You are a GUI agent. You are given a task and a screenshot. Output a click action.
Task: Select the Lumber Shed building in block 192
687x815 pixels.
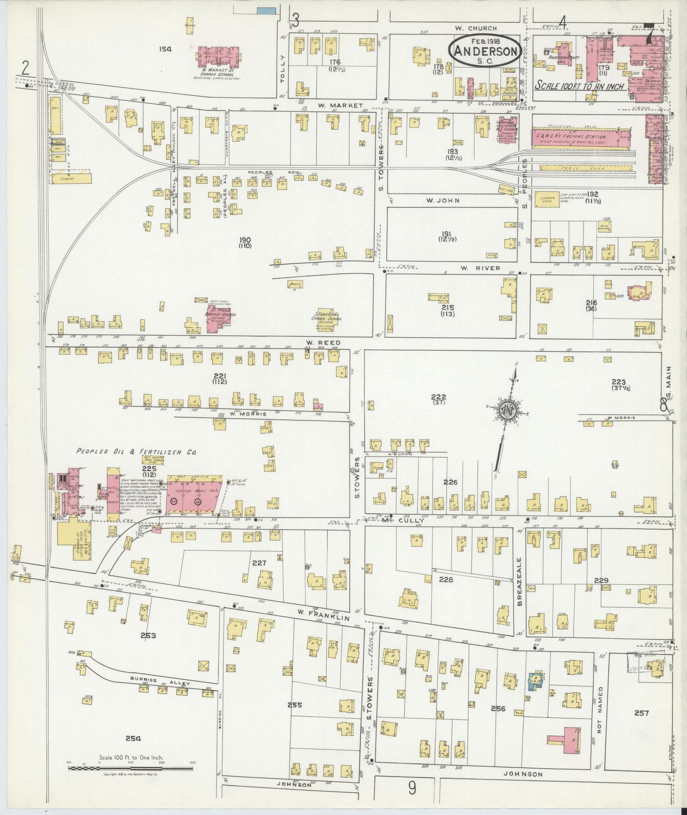click(546, 199)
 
